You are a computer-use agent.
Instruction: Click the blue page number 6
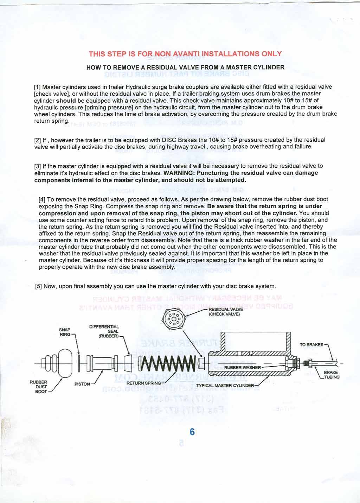(192, 432)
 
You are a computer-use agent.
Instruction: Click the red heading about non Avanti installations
(185, 54)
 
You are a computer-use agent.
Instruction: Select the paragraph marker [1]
(37, 87)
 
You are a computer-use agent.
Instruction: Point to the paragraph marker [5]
(39, 286)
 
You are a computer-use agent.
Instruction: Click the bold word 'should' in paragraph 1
(66, 100)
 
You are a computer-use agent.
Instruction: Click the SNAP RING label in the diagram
(65, 332)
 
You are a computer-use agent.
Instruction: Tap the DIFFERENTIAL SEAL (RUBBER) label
(105, 331)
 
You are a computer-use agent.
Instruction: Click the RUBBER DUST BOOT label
(39, 387)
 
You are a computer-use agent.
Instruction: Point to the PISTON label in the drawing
(82, 384)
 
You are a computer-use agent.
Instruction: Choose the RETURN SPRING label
(143, 383)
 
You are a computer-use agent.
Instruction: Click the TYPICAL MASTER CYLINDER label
(225, 386)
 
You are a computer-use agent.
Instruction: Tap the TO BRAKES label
(311, 345)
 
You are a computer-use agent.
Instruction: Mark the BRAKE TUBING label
(331, 375)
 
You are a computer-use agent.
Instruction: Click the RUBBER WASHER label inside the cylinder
(242, 368)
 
